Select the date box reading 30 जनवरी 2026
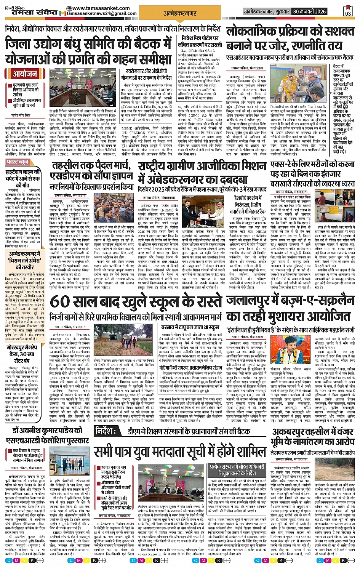(309, 11)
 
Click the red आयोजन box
(24, 74)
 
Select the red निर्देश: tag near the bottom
(106, 431)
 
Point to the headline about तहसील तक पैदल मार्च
(91, 166)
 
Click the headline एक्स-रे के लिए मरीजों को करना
(312, 165)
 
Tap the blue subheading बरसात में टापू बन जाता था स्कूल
(190, 327)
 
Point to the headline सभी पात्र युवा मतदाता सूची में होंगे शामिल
(180, 452)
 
